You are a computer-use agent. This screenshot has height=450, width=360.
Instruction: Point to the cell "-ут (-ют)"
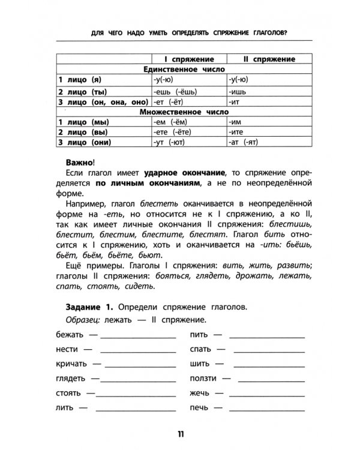170,142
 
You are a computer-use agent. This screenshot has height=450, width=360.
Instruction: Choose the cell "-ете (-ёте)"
173,132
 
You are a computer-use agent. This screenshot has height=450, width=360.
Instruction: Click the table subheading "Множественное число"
181,111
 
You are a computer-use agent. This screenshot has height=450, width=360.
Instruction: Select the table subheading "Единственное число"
181,69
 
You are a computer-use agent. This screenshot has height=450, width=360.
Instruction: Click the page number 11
181,434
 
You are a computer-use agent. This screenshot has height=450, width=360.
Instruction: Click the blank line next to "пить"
260,335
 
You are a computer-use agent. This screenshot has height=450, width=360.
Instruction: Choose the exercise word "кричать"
70,364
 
